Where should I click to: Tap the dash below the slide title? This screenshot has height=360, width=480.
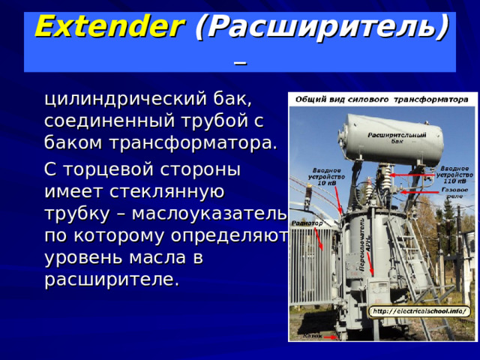pyautogui.click(x=239, y=61)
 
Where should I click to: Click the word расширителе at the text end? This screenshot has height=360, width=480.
pyautogui.click(x=112, y=280)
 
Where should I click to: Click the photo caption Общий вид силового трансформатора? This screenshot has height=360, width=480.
pyautogui.click(x=382, y=99)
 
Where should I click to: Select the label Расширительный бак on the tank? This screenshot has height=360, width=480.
pyautogui.click(x=397, y=137)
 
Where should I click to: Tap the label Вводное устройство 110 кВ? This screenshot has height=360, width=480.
pyautogui.click(x=454, y=175)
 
